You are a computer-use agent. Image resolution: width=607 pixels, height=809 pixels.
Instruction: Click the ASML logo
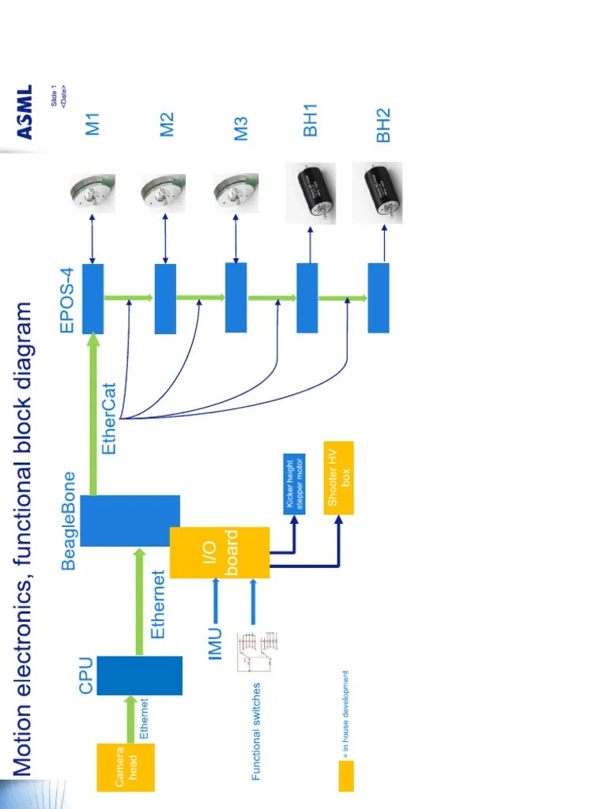pyautogui.click(x=25, y=112)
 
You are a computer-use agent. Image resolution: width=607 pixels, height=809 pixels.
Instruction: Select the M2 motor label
pyautogui.click(x=166, y=124)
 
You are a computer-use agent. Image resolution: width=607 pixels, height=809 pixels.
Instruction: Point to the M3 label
pyautogui.click(x=240, y=129)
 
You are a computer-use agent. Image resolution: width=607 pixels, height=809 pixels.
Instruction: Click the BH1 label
pyautogui.click(x=310, y=121)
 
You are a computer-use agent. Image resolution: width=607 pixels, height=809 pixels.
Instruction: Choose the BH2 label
pyautogui.click(x=383, y=126)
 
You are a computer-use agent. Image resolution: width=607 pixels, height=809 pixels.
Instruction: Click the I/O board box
pyautogui.click(x=220, y=552)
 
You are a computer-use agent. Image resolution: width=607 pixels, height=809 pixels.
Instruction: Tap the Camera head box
pyautogui.click(x=126, y=766)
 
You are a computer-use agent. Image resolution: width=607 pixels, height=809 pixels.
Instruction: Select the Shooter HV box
pyautogui.click(x=338, y=478)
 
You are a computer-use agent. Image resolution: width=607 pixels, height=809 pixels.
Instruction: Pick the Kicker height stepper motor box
pyautogui.click(x=294, y=484)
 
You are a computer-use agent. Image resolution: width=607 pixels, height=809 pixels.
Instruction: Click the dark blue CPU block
pyautogui.click(x=139, y=675)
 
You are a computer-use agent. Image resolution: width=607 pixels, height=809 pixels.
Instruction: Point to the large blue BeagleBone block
pyautogui.click(x=130, y=521)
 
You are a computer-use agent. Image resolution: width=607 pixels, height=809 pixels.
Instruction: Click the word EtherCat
pyautogui.click(x=109, y=419)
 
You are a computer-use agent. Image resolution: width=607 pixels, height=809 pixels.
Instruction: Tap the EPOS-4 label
pyautogui.click(x=67, y=300)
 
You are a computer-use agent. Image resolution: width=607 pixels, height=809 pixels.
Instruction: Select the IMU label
pyautogui.click(x=215, y=643)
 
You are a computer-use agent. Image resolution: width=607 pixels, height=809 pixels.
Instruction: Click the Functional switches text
pyautogui.click(x=256, y=731)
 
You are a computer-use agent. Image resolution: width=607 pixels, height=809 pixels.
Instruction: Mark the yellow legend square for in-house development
pyautogui.click(x=346, y=776)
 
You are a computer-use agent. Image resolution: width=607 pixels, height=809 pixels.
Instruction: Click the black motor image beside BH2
pyautogui.click(x=377, y=193)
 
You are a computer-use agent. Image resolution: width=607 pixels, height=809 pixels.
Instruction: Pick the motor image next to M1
pyautogui.click(x=92, y=194)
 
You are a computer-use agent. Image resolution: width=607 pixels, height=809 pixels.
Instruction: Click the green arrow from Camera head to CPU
pyautogui.click(x=130, y=719)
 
